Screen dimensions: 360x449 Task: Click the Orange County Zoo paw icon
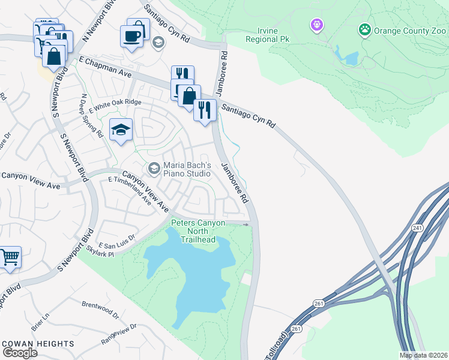[x=364, y=29]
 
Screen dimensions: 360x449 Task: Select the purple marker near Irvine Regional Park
[x=316, y=25]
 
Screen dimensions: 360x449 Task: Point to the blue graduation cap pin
[x=121, y=130]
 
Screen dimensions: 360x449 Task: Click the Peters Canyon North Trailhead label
[x=198, y=231]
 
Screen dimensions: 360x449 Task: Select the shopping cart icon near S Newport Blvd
[x=10, y=257]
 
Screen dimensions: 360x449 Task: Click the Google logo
[x=20, y=352]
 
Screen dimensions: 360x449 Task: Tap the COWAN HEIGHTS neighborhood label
[x=38, y=344]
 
